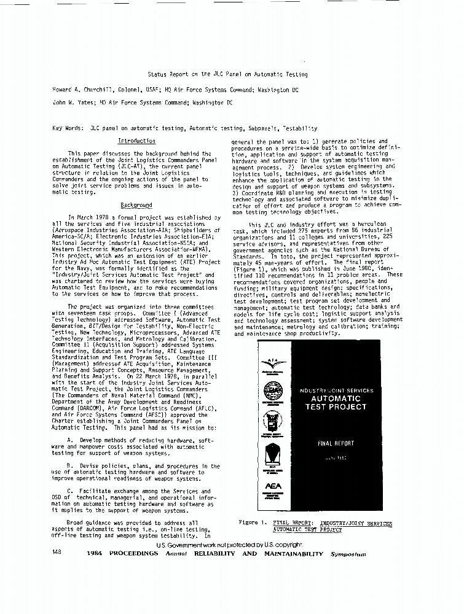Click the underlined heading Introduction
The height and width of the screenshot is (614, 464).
(136, 141)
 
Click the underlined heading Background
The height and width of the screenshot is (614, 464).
(136, 205)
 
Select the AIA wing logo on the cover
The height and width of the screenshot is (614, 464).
(273, 363)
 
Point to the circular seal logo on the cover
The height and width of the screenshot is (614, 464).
(273, 391)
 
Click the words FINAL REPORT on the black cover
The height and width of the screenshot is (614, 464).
(332, 443)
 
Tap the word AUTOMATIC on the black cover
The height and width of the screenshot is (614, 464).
(336, 398)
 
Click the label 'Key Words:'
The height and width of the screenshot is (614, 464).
(67, 128)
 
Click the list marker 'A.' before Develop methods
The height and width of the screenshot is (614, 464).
(71, 440)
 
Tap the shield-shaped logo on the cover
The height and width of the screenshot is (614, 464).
(273, 454)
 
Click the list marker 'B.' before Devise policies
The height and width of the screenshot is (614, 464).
(71, 466)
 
